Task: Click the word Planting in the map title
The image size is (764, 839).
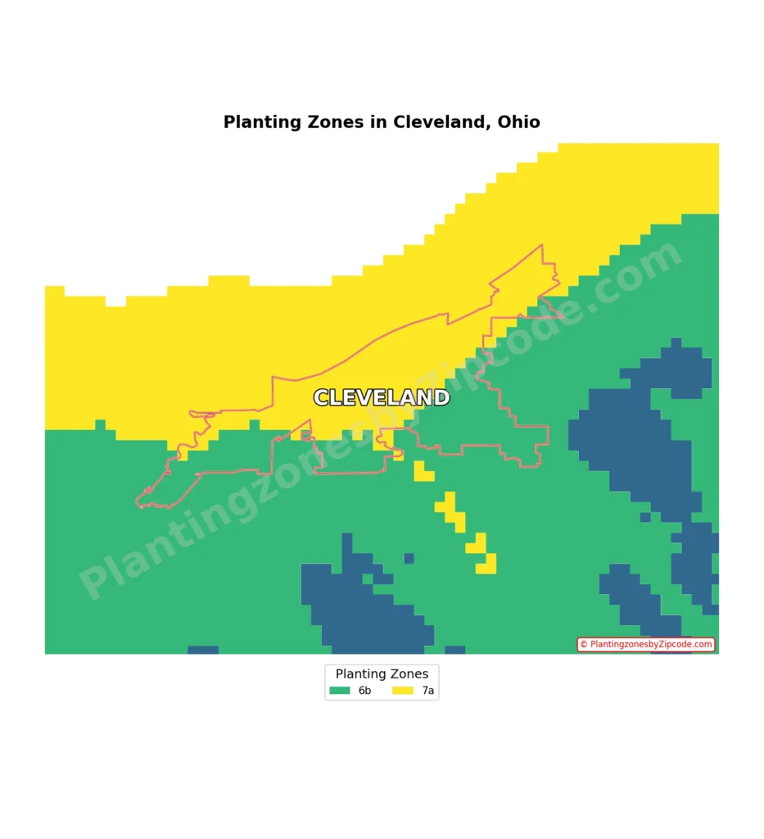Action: click(x=257, y=123)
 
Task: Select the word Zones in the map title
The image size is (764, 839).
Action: click(x=332, y=123)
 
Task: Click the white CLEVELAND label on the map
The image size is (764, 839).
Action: click(x=382, y=398)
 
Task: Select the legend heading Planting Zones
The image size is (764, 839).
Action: click(x=382, y=674)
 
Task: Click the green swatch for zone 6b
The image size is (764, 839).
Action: click(x=339, y=691)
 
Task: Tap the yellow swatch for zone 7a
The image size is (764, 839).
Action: click(x=402, y=691)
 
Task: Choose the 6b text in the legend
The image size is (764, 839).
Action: click(x=364, y=691)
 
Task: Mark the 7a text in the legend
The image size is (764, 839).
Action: click(x=428, y=691)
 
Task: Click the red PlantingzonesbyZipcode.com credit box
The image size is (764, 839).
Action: click(x=646, y=645)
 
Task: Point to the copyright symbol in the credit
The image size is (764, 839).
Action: click(x=584, y=645)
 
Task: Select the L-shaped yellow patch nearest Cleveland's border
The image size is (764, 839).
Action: click(x=423, y=472)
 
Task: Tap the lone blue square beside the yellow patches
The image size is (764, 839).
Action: click(x=409, y=559)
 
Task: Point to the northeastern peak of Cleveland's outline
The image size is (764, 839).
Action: click(x=541, y=245)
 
